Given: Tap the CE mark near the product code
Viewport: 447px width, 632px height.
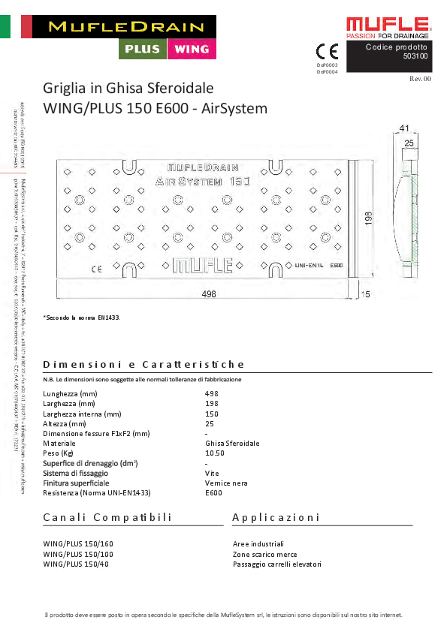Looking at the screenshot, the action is [328, 52].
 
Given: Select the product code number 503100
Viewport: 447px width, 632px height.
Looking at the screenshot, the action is [415, 56].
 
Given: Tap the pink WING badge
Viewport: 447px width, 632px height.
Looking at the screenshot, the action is [192, 49].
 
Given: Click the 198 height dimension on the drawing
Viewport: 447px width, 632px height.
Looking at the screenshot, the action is [368, 218].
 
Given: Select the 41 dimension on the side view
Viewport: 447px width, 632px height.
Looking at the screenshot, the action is [404, 128].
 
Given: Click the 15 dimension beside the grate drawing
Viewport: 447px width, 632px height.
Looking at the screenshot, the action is [366, 295].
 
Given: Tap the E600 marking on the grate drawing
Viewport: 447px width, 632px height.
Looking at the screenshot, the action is [337, 265].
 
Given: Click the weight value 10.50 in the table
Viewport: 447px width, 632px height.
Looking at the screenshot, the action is [215, 453].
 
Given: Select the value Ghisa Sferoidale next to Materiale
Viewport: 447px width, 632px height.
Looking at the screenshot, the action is [232, 444].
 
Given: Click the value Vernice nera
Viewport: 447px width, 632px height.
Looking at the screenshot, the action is [226, 483].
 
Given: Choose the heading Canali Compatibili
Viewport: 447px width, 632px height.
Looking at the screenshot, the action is [107, 518].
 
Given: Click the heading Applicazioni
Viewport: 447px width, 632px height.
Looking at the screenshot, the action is [276, 518].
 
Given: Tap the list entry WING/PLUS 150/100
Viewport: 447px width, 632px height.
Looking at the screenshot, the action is [79, 554].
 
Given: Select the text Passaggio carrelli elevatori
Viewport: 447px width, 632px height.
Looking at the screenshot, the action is [277, 564].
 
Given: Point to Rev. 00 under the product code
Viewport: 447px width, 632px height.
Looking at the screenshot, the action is [420, 78].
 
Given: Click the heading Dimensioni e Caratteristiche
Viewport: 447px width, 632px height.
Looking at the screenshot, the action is [143, 365].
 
